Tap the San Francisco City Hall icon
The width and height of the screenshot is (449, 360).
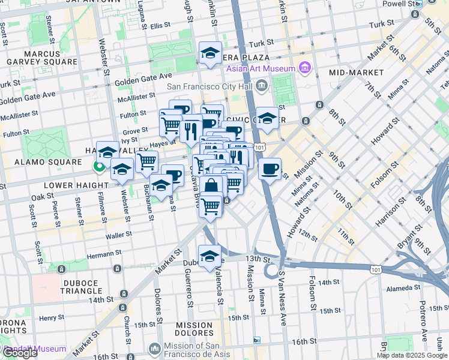coord(262,86)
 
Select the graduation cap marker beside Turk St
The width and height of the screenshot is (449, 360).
coord(210,53)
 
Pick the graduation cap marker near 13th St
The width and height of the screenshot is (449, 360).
coord(209,255)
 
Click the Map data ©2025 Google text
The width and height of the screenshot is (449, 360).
coord(412,355)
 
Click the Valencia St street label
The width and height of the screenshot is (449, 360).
coord(220,287)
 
